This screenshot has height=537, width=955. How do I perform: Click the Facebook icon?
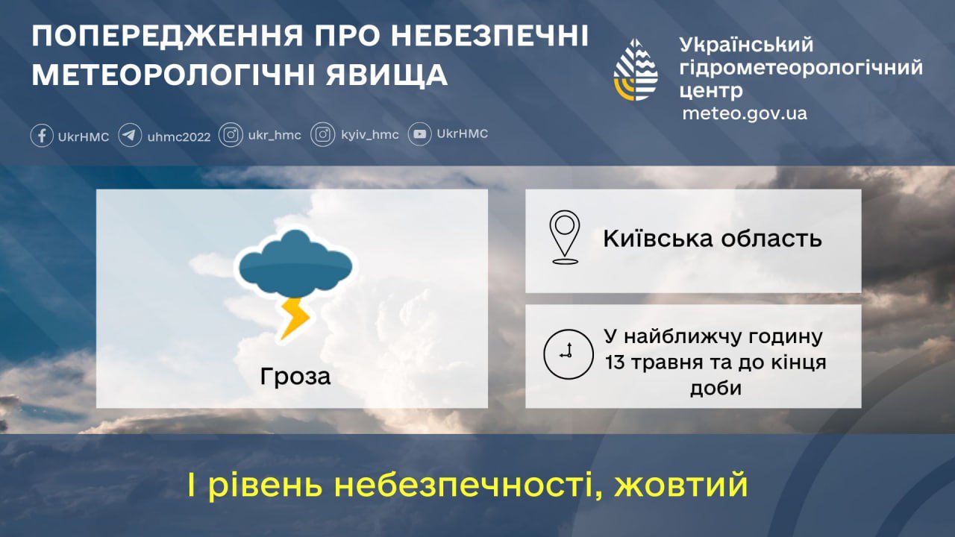[42, 136]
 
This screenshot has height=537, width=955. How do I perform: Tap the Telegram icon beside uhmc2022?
[130, 136]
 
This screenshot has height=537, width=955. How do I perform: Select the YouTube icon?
[420, 134]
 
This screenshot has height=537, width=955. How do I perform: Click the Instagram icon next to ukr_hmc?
[231, 135]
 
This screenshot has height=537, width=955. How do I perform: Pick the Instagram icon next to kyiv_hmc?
[322, 135]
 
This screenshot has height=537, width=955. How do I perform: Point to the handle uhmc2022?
[179, 136]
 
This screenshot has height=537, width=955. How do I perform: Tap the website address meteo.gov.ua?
[744, 113]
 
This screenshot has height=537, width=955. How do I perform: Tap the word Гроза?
[295, 377]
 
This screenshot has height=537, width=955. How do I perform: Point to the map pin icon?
[565, 236]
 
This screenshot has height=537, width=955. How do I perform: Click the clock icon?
[567, 354]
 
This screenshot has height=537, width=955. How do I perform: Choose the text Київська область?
[713, 239]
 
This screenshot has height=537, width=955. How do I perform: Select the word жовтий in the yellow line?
[681, 486]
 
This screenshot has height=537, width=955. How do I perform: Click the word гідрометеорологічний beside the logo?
[801, 68]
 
